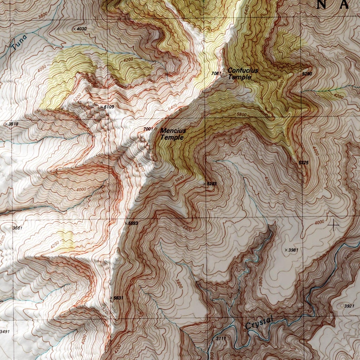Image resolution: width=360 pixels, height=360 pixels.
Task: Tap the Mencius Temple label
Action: tap(173, 134)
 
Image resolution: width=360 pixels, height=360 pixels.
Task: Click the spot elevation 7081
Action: tap(216, 73)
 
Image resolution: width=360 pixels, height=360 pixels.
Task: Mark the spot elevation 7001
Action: tap(148, 129)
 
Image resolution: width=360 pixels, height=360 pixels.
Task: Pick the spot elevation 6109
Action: tap(108, 107)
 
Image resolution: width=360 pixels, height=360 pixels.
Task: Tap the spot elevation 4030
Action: tap(81, 29)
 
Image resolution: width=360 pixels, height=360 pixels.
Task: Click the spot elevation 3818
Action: tap(13, 124)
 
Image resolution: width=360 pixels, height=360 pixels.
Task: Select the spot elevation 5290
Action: tap(307, 73)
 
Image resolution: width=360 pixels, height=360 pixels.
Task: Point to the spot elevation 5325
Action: tap(303, 162)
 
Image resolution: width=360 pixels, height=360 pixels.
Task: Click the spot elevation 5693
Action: tap(132, 223)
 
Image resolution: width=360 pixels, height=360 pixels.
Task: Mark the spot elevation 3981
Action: tap(292, 250)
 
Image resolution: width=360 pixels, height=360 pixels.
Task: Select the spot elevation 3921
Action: tap(349, 306)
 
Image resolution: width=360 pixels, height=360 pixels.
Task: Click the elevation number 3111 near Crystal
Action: tap(221, 338)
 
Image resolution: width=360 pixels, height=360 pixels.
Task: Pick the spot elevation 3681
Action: tap(17, 228)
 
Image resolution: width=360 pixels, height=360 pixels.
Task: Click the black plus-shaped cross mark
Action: tap(334, 224)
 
